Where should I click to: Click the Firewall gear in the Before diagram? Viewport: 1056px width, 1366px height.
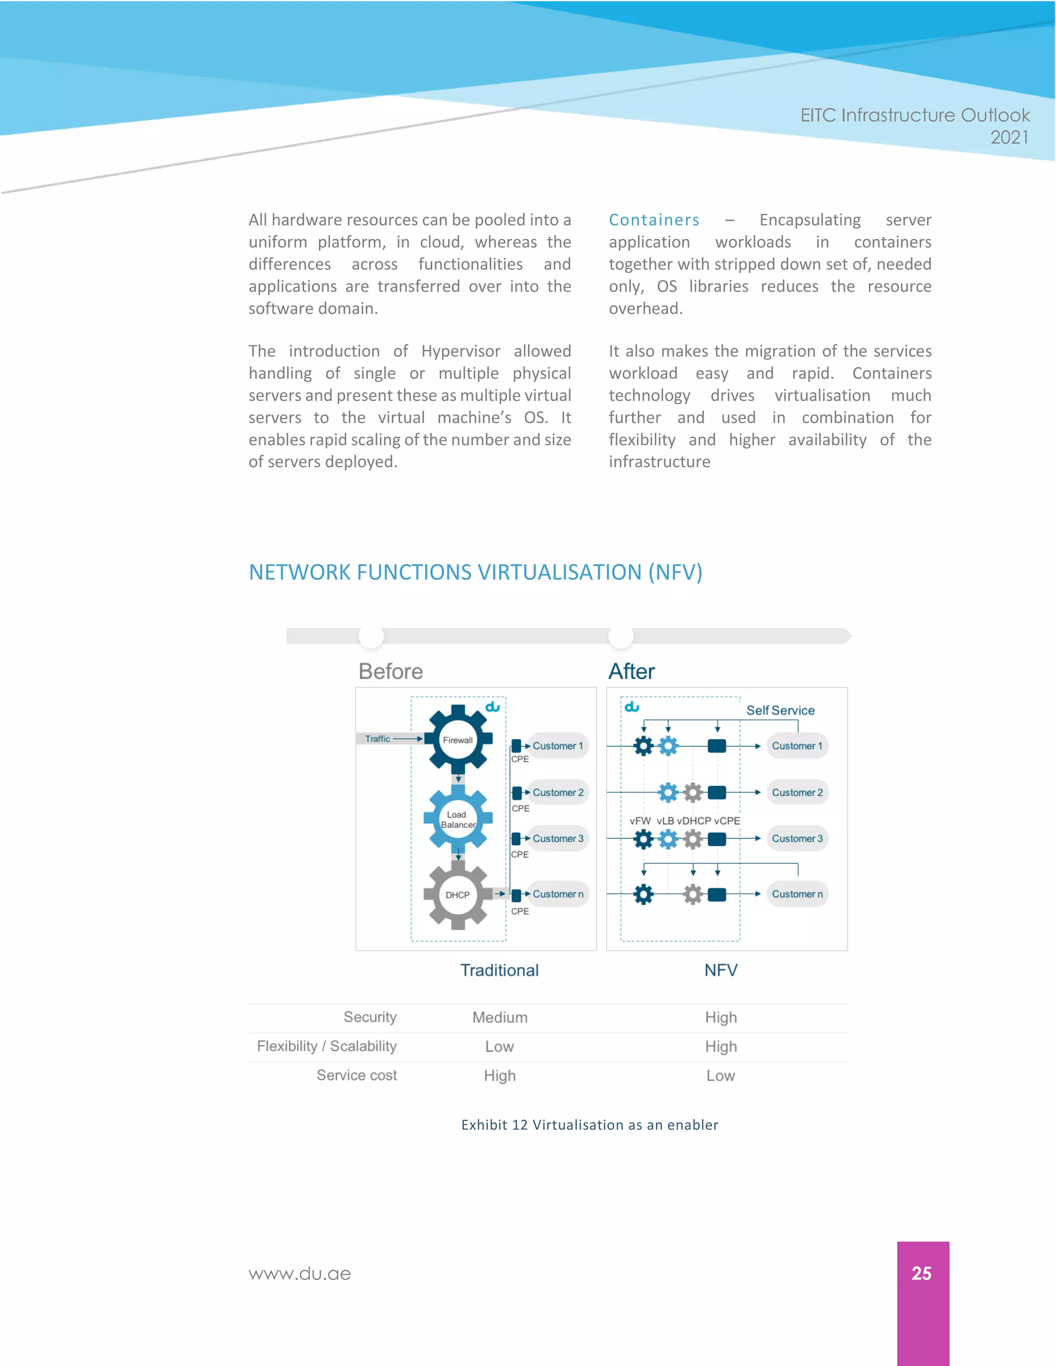pyautogui.click(x=458, y=740)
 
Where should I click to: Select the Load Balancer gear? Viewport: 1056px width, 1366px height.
pyautogui.click(x=458, y=819)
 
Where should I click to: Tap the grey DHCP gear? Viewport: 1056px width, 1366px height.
pyautogui.click(x=458, y=895)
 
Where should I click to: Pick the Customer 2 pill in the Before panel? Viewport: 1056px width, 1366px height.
pyautogui.click(x=557, y=792)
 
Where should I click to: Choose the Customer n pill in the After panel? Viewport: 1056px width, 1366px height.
pyautogui.click(x=797, y=894)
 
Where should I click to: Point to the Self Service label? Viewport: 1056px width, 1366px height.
pyautogui.click(x=780, y=710)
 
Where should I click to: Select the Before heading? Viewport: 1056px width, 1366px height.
pyautogui.click(x=391, y=671)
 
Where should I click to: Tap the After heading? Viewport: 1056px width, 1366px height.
pyautogui.click(x=631, y=671)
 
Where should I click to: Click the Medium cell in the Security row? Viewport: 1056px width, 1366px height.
pyautogui.click(x=500, y=1018)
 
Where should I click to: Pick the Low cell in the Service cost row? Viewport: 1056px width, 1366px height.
pyautogui.click(x=721, y=1076)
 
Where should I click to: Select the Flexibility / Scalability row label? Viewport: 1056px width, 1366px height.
pyautogui.click(x=326, y=1046)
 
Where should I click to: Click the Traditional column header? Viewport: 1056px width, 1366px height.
pyautogui.click(x=499, y=970)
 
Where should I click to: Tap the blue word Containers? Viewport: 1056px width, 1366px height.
pyautogui.click(x=654, y=220)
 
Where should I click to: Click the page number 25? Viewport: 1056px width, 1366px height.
pyautogui.click(x=921, y=1273)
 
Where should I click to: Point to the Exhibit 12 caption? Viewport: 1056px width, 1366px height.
pyautogui.click(x=589, y=1125)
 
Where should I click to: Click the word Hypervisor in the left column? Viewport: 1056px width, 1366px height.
pyautogui.click(x=460, y=351)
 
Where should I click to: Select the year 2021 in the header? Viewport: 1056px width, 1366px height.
pyautogui.click(x=1009, y=137)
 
